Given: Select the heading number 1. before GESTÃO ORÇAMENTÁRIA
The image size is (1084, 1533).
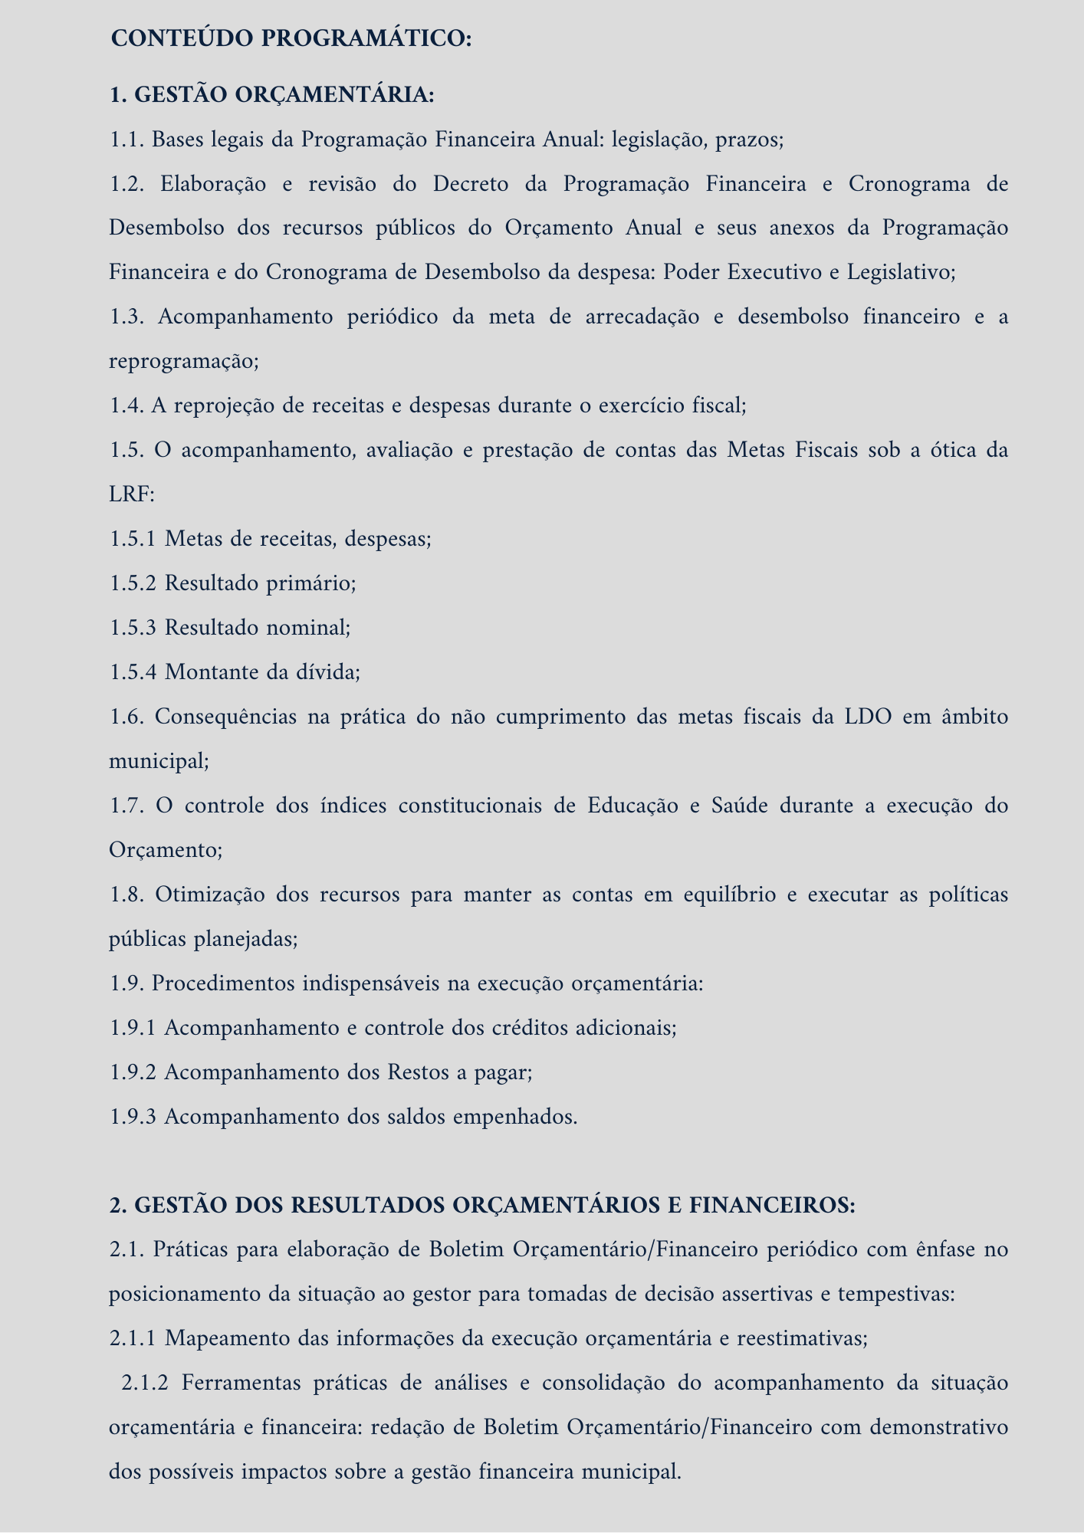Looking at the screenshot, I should pyautogui.click(x=118, y=96).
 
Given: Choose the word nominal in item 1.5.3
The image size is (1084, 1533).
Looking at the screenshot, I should pyautogui.click(x=307, y=628).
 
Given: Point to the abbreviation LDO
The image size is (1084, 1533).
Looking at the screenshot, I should pyautogui.click(x=868, y=717).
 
